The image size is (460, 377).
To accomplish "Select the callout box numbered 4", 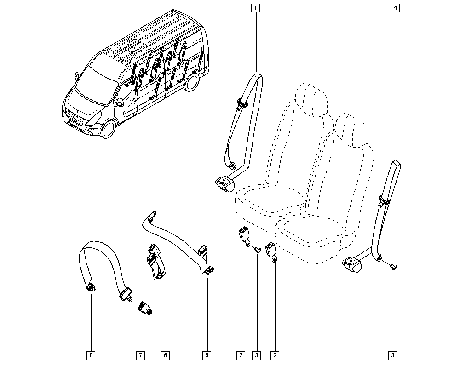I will [x=396, y=8].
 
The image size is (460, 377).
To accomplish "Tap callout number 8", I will [x=91, y=355].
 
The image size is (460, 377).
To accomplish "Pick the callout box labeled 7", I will [x=140, y=355].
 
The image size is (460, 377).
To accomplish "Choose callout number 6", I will [x=165, y=355].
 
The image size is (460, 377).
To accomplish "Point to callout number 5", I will [x=207, y=355].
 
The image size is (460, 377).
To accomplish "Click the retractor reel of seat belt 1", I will [x=224, y=184].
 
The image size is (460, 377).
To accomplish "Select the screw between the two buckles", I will [x=257, y=250].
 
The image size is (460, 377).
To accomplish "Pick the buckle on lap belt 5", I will [x=203, y=252].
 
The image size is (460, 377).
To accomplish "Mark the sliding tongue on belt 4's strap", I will [x=382, y=200].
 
